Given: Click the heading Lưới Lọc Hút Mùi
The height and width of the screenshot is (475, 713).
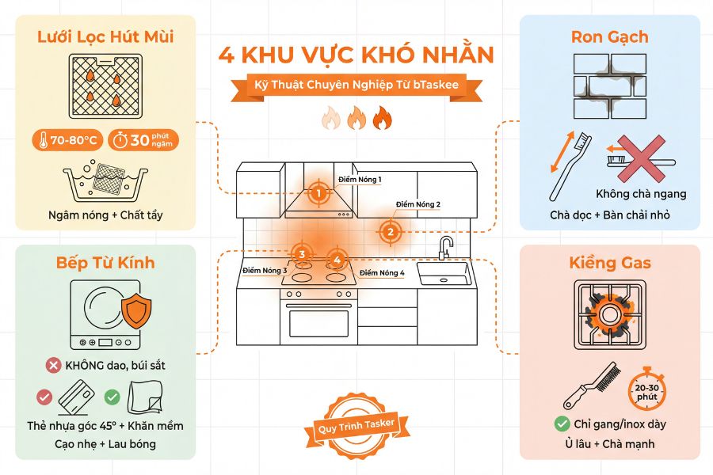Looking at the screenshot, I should coord(105,36).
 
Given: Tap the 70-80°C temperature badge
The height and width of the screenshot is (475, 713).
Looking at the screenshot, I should coord(68,141).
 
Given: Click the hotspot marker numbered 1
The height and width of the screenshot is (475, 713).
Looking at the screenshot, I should coord(318,192).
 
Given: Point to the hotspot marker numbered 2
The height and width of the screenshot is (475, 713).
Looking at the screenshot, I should coord(389,232).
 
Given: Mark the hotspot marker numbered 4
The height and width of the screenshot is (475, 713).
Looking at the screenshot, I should coord(337,259).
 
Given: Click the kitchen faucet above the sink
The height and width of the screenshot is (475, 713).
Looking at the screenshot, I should coord(446,246).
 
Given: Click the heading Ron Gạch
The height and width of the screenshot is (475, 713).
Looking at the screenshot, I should coord(609,36).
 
